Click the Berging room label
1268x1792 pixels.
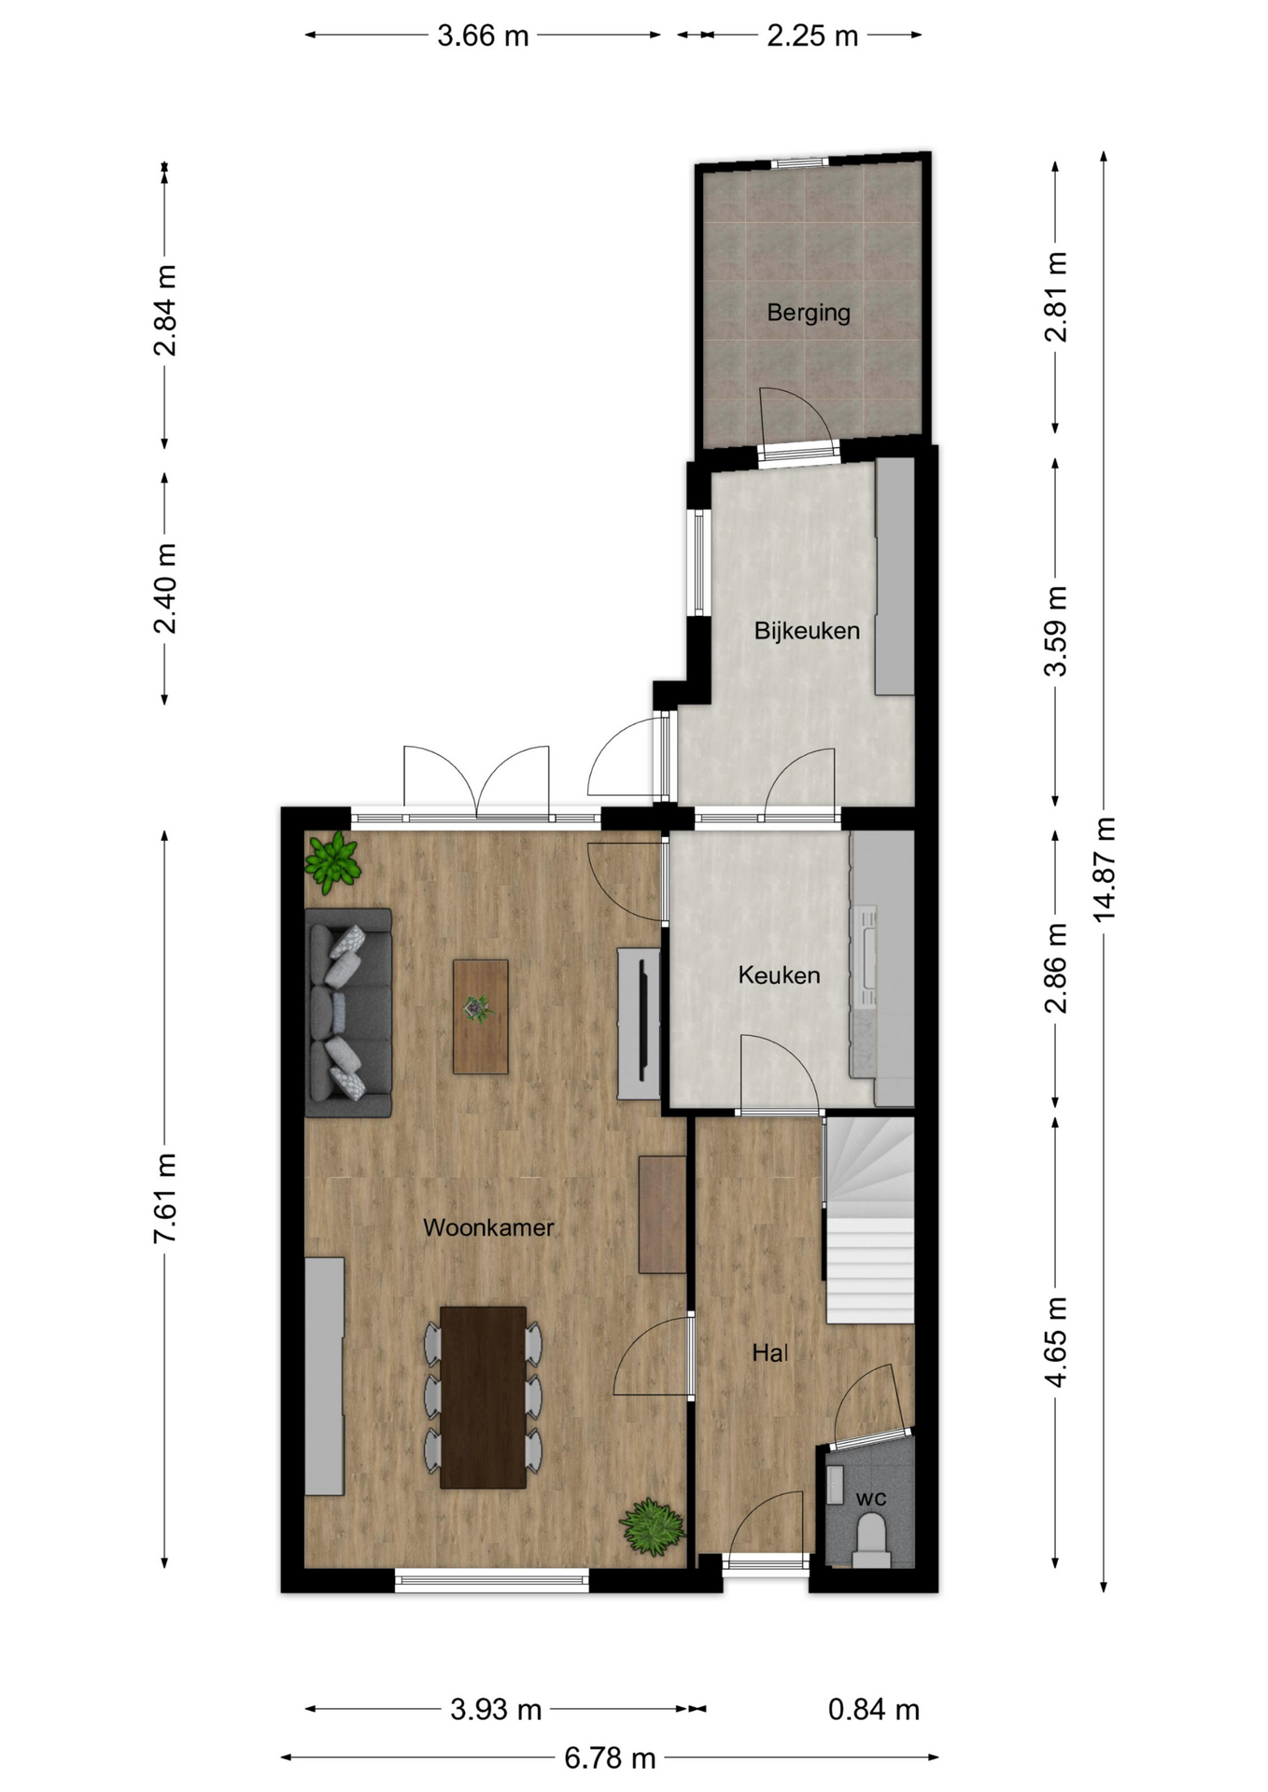tap(809, 313)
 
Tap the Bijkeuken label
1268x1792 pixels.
tap(807, 631)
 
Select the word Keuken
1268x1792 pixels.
tap(779, 975)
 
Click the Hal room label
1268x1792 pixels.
tap(770, 1352)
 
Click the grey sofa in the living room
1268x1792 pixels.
tap(348, 1013)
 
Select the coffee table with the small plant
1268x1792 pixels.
tap(481, 1016)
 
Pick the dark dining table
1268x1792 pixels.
tap(483, 1397)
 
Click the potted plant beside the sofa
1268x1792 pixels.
tap(332, 861)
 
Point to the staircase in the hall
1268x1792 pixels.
tap(869, 1220)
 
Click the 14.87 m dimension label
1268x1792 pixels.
tap(1105, 870)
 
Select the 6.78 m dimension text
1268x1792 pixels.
tap(610, 1758)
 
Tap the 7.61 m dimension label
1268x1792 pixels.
tap(165, 1198)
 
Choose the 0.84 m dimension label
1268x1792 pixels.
tap(874, 1709)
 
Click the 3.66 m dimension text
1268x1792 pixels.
tap(483, 35)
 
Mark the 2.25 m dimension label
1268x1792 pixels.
tap(812, 35)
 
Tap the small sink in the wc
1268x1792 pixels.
tap(835, 1484)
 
